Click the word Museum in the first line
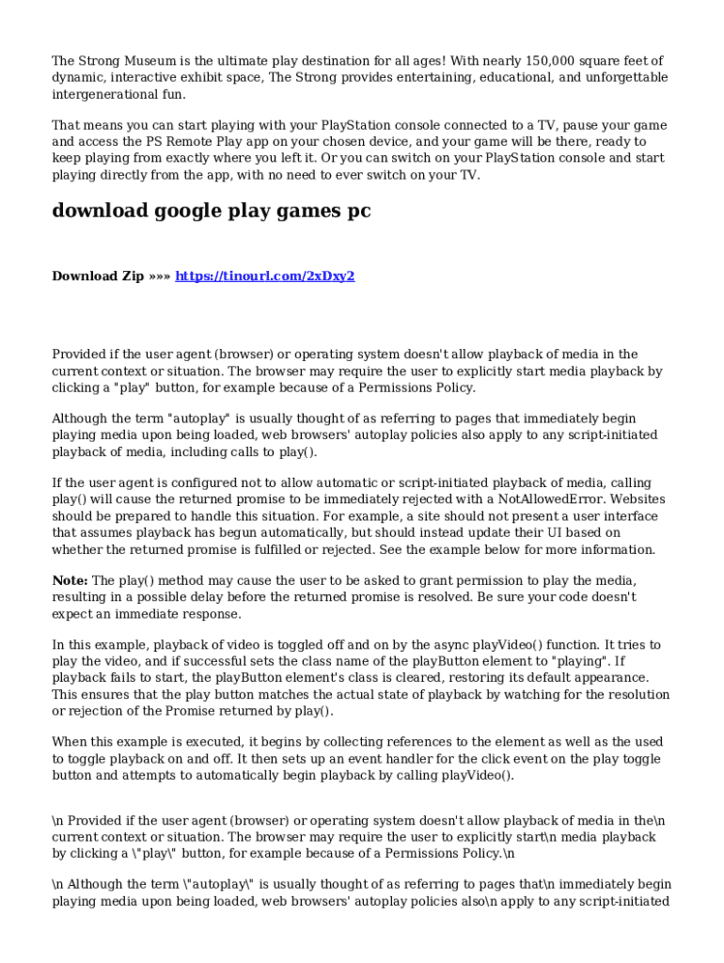[x=148, y=61]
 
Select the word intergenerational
[x=105, y=94]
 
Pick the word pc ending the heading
[x=358, y=211]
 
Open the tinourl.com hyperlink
[x=264, y=276]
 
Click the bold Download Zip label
[x=98, y=276]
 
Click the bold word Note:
[x=70, y=580]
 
